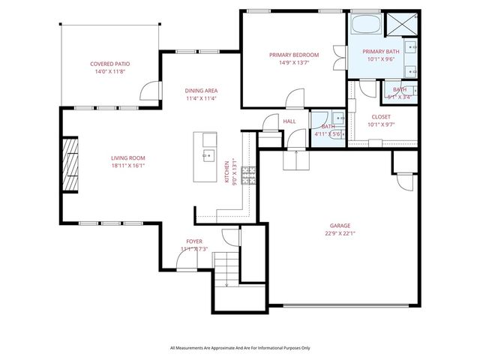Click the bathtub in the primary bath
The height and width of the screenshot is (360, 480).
[365, 24]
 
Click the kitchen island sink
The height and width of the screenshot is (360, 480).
[208, 156]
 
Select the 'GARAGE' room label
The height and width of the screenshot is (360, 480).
[340, 225]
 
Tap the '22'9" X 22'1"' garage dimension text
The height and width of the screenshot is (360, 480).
[340, 233]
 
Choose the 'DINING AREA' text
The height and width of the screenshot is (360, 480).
[202, 90]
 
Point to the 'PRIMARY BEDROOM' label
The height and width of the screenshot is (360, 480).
[294, 55]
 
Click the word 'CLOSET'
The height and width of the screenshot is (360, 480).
[381, 116]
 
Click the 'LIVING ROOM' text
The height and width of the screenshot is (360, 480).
[127, 157]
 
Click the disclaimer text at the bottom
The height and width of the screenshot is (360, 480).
[240, 348]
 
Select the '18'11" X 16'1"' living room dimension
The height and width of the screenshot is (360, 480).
[127, 166]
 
